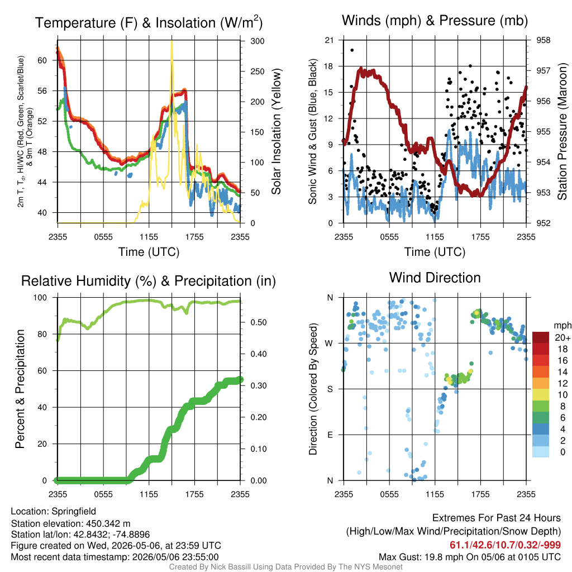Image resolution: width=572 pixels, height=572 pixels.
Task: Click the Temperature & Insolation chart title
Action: point(149,22)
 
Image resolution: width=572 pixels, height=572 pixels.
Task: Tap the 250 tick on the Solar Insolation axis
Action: point(257,71)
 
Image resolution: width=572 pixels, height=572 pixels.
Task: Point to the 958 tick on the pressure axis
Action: point(543,40)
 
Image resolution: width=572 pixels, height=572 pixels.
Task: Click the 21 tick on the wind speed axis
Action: point(329,40)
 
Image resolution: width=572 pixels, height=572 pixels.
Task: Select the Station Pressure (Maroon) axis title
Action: point(562,131)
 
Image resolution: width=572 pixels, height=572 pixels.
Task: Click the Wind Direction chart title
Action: point(435,278)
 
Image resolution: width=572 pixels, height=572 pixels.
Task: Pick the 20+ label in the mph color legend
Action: point(562,337)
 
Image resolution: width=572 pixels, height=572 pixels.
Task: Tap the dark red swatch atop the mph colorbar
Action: point(541,337)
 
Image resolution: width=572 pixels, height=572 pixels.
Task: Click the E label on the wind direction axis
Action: point(330,435)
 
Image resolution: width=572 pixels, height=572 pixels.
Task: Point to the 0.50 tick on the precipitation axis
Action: point(258,322)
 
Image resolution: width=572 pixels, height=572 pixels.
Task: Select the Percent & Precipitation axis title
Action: point(20,389)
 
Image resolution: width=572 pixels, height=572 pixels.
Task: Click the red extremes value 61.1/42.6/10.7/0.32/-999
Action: point(505,545)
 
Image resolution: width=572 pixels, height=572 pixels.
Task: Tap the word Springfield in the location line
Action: point(74,512)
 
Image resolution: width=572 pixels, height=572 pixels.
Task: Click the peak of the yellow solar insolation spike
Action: point(172,41)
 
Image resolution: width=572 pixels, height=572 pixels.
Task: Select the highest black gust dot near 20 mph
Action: point(352,50)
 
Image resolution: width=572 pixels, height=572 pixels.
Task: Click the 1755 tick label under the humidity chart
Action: point(194,494)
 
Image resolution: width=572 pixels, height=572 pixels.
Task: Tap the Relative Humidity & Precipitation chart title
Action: point(149,281)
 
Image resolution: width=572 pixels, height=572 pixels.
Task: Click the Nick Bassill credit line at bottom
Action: point(285,567)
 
